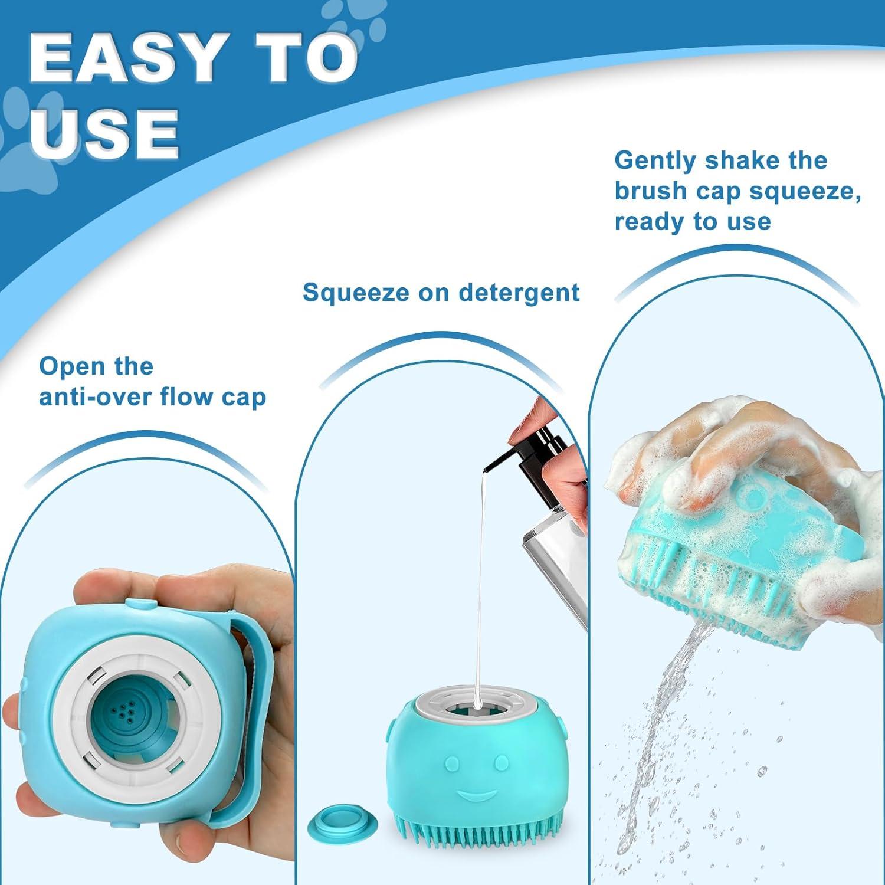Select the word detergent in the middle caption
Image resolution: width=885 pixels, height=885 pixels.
coord(519,293)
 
